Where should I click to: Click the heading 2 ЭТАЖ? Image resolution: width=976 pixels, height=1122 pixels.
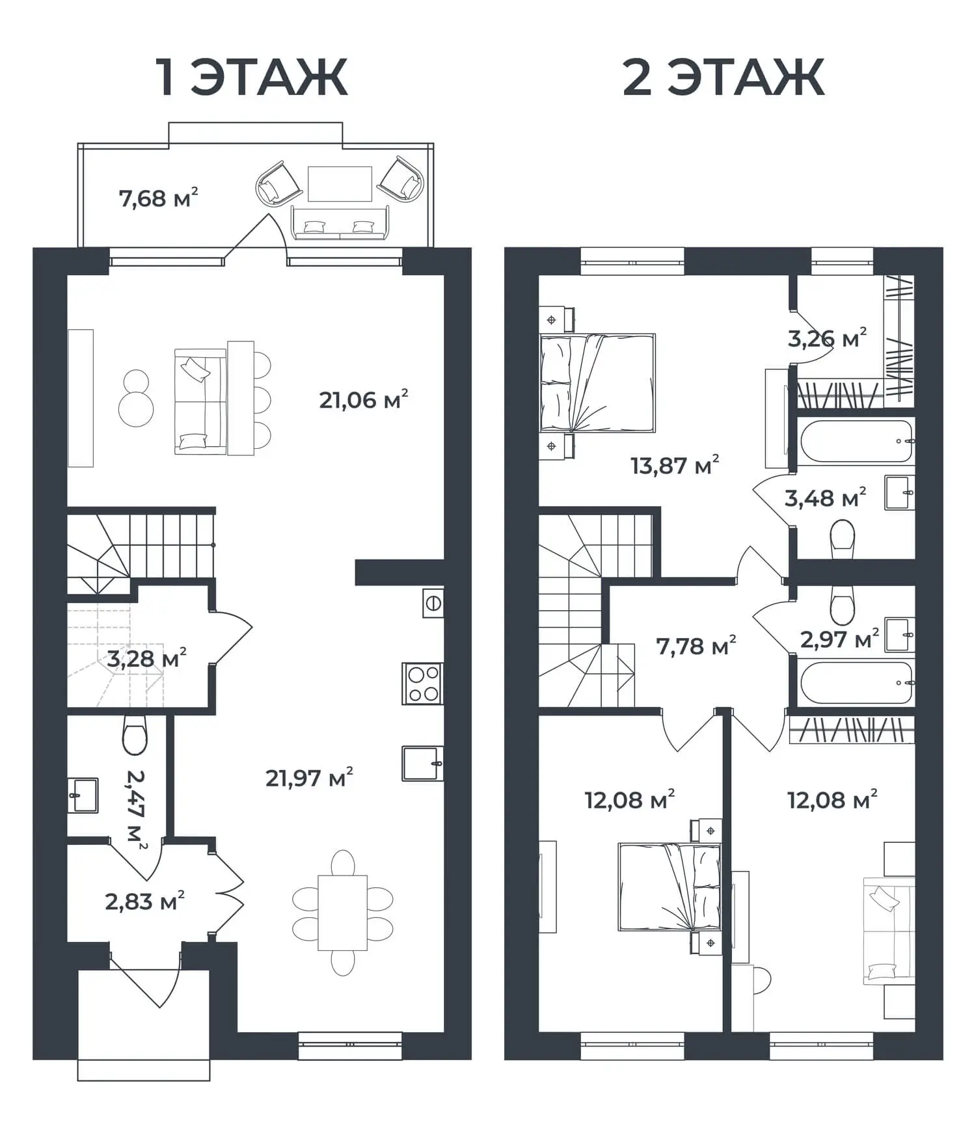[x=724, y=77]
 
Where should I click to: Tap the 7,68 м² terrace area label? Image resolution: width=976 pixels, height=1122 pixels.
[x=158, y=198]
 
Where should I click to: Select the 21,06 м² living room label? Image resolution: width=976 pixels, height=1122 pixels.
[x=363, y=399]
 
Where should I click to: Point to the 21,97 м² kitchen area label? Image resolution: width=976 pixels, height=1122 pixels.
[x=309, y=777]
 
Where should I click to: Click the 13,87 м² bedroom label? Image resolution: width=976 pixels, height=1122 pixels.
[x=675, y=466]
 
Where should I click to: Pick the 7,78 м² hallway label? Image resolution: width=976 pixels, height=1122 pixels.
[x=696, y=647]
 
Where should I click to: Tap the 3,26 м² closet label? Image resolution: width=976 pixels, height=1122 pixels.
[x=827, y=338]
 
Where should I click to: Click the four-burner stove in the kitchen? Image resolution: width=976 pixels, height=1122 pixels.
[x=423, y=684]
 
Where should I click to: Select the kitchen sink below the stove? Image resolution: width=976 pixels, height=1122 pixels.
[x=423, y=763]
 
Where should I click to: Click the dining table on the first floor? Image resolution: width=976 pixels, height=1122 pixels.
[x=342, y=913]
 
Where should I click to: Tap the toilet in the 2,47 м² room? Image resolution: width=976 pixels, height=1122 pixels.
[x=135, y=735]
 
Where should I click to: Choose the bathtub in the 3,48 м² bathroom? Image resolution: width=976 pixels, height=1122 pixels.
[x=856, y=441]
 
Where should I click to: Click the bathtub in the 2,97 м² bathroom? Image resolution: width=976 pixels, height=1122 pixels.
[x=856, y=682]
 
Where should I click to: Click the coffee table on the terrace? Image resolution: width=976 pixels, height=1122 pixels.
[x=340, y=184]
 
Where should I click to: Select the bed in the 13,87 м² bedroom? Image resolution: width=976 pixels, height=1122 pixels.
[x=597, y=383]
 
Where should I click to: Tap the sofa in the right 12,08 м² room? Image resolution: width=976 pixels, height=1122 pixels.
[x=889, y=931]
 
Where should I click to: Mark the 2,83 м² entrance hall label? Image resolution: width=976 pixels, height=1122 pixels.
[x=144, y=902]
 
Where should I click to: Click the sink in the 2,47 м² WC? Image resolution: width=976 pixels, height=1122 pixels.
[x=83, y=795]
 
